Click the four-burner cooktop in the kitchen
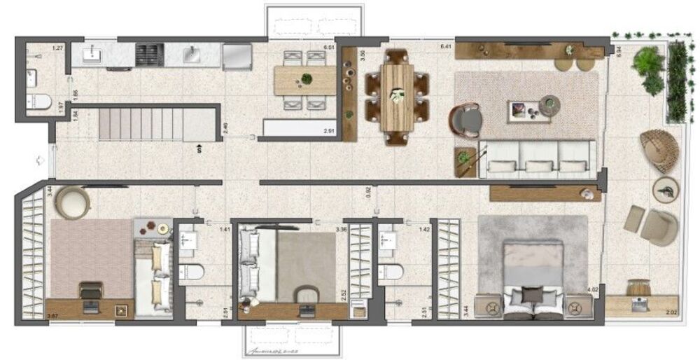coord(148,54)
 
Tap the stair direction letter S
coord(200,148)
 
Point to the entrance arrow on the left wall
coord(41,160)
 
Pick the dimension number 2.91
coord(329,131)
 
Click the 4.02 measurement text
coord(593,289)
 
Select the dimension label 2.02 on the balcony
coord(671,312)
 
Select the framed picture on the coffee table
coord(519,109)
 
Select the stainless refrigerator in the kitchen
coord(237,56)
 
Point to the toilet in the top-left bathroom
coord(40,102)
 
